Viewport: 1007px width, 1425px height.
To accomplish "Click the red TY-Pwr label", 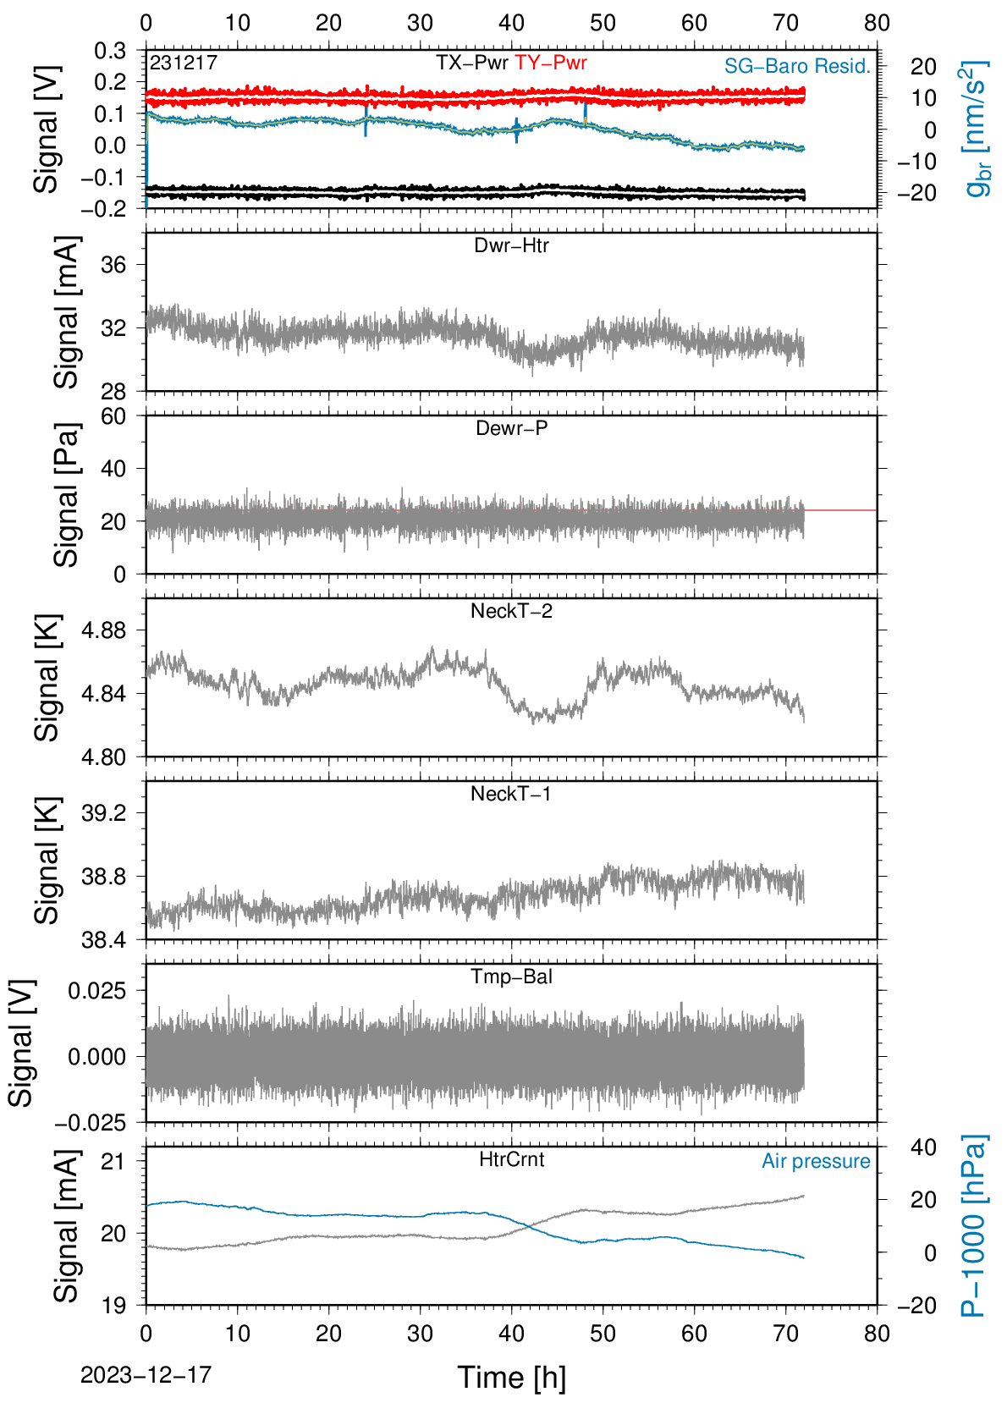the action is [x=550, y=63].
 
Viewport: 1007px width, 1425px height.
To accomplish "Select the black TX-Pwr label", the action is [x=471, y=63].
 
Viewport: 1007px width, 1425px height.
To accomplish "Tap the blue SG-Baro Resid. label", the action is [x=797, y=66].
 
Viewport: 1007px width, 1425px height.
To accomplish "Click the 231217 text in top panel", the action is [x=184, y=63].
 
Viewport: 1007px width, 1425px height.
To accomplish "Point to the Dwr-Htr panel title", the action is [x=511, y=245].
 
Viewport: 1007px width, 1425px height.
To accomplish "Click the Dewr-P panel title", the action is [x=511, y=428].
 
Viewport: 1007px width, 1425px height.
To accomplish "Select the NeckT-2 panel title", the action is [x=511, y=611].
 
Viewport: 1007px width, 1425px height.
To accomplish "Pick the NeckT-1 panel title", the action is [x=511, y=793].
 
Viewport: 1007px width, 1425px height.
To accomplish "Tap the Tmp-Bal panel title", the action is [x=511, y=977].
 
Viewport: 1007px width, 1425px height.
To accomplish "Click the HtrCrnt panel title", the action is [x=511, y=1159].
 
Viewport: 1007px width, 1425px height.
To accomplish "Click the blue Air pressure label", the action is [x=816, y=1162].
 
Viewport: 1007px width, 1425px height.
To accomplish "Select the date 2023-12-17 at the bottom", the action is [x=146, y=1375].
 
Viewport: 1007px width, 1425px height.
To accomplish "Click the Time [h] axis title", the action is [x=511, y=1378].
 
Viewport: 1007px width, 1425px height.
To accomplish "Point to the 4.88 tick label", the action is [x=104, y=630].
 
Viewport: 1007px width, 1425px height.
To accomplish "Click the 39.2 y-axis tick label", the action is [x=104, y=813].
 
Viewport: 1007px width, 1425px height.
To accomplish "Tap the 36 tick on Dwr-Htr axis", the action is [x=114, y=265].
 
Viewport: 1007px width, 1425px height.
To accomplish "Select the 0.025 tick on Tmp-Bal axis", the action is [x=97, y=991].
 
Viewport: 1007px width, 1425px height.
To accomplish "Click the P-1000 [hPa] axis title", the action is [x=974, y=1226].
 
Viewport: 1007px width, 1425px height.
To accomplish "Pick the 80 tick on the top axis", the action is [x=878, y=23].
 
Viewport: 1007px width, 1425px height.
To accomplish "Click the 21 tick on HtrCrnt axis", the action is [x=114, y=1162].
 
